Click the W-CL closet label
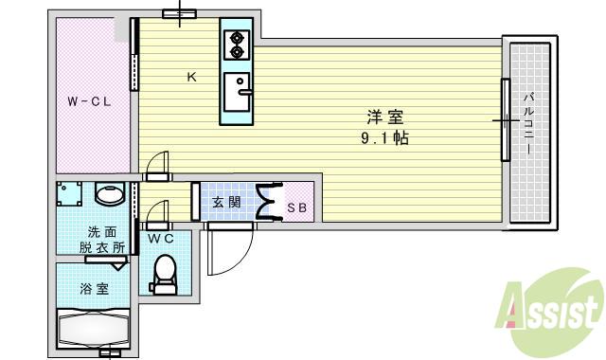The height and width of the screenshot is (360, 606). coord(89,101)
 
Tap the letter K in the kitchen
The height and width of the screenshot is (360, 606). coord(191,78)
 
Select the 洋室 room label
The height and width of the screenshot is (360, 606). coord(385,118)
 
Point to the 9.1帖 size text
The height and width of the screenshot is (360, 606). coord(384,138)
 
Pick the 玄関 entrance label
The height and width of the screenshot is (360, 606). coord(226,202)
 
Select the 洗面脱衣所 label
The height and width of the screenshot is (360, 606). coord(105,240)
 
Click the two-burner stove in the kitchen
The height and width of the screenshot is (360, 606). coord(236,45)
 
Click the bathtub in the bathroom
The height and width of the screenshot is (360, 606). coord(92,329)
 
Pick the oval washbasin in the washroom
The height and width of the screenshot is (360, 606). coord(111,195)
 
